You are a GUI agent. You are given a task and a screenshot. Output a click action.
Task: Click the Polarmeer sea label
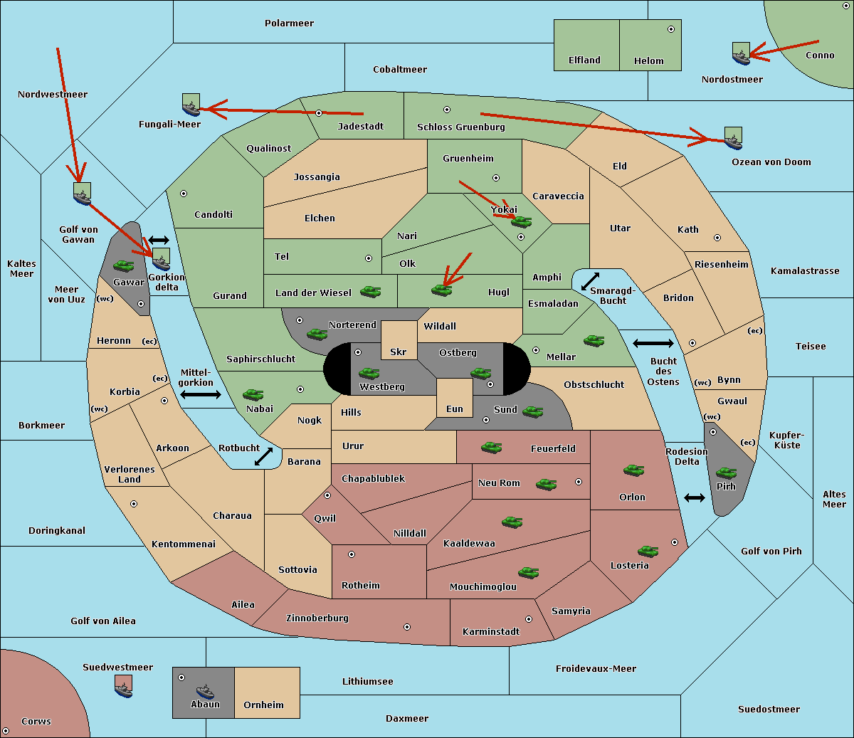click(289, 23)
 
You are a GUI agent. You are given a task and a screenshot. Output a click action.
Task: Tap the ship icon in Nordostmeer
click(741, 54)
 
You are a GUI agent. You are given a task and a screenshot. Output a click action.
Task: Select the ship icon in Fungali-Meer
click(191, 105)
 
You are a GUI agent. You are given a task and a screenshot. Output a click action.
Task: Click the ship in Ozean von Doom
click(733, 138)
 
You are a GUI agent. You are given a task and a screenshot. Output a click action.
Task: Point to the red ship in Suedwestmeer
click(124, 687)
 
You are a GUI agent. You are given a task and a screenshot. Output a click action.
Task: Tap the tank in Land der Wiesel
click(370, 291)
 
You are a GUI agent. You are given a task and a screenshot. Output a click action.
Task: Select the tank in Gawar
click(124, 266)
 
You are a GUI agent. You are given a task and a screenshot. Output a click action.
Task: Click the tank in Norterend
click(317, 334)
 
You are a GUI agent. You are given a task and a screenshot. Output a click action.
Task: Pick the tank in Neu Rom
click(546, 485)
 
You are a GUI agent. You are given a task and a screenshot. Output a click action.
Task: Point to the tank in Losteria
click(648, 551)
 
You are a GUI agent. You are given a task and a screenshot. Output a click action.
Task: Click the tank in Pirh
click(726, 473)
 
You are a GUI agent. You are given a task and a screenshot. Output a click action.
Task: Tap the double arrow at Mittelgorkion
click(201, 394)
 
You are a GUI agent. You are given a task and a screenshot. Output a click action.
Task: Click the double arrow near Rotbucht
click(263, 456)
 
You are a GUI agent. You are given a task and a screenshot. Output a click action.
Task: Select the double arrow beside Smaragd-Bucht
click(590, 281)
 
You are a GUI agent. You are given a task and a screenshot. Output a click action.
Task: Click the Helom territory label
click(648, 61)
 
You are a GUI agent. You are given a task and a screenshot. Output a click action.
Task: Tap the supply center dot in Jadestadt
click(319, 113)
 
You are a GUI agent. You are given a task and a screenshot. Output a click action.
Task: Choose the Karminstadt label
click(491, 632)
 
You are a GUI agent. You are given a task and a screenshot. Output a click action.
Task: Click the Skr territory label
click(398, 352)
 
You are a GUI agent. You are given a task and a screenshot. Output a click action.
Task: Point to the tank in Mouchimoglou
click(528, 572)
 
